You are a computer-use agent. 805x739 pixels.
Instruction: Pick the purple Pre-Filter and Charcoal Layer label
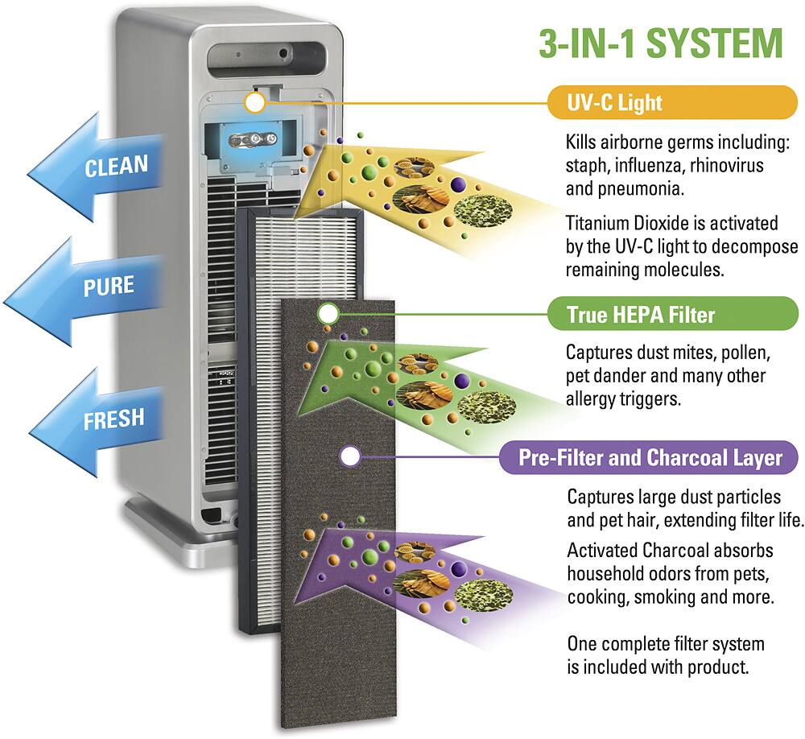(650, 457)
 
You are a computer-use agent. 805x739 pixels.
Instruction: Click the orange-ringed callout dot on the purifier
(254, 102)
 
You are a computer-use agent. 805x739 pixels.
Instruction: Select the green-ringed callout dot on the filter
(328, 313)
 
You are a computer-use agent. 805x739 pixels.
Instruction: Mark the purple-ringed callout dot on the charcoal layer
(350, 456)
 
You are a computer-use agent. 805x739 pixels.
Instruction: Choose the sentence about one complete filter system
(666, 655)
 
